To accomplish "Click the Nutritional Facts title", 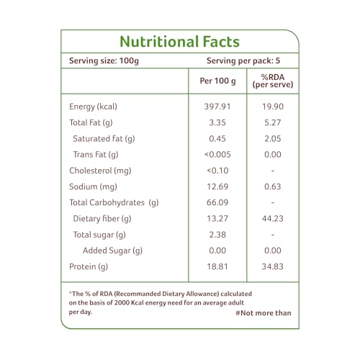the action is click(179, 42).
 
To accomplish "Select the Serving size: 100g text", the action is click(104, 60).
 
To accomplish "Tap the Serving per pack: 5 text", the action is click(243, 60).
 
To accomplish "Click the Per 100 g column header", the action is click(217, 81).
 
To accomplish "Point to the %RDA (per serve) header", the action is click(273, 81).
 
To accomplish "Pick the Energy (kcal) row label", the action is click(93, 107).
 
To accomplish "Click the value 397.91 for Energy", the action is click(217, 107).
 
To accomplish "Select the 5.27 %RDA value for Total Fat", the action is click(273, 122).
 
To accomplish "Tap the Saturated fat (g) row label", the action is click(104, 139).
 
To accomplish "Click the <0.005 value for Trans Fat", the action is click(217, 154).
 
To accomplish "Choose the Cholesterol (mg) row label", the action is click(100, 171).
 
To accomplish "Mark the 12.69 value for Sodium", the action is click(217, 186).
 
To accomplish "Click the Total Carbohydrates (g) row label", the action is click(114, 203).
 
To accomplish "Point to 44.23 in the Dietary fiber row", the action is click(273, 218).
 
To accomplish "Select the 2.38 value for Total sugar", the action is click(217, 235).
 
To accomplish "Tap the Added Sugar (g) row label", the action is click(112, 251).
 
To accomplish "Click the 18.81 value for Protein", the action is click(217, 266).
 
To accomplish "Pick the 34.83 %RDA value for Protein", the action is click(273, 266).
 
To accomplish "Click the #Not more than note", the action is click(264, 313).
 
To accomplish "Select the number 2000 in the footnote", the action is click(122, 302).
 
